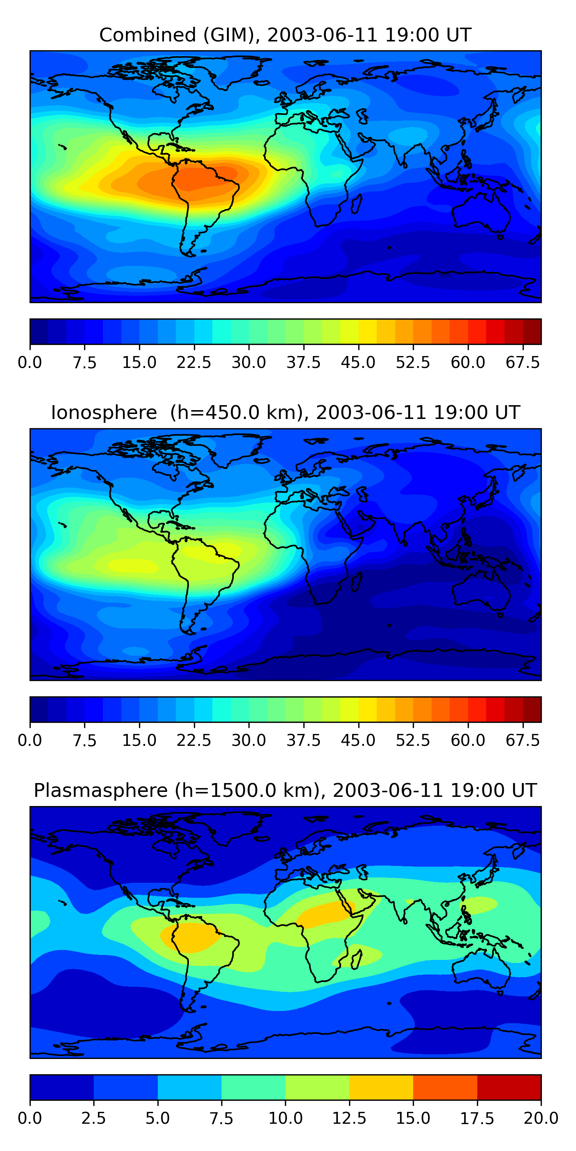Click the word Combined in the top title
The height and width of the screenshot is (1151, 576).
(147, 35)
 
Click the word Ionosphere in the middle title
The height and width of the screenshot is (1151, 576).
(104, 412)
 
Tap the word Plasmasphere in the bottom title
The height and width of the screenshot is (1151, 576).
(101, 790)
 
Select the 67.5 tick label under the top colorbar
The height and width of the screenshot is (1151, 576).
(523, 362)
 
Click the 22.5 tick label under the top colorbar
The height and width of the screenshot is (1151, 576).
(194, 362)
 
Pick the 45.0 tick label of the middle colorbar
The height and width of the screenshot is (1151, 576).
(358, 740)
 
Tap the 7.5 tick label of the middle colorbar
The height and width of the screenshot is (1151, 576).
(84, 740)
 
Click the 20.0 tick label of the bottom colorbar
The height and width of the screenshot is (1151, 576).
(541, 1118)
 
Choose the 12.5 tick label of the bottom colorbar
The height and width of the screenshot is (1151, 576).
(349, 1118)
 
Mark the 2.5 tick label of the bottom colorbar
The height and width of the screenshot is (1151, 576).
(93, 1118)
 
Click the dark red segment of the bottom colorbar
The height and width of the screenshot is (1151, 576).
(509, 1087)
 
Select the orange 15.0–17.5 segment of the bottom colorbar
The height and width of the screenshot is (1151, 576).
(445, 1087)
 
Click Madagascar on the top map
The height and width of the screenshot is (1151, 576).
(356, 204)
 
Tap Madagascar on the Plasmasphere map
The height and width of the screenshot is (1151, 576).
(356, 960)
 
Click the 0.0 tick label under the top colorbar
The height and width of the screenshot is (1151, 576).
(30, 362)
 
